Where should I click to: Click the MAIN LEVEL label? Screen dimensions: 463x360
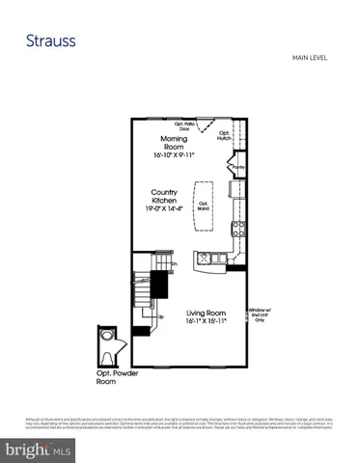(x=311, y=59)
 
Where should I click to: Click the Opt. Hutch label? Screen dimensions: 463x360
(x=224, y=136)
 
